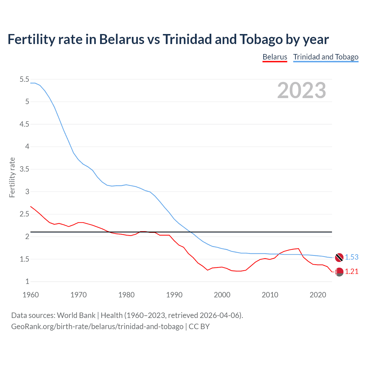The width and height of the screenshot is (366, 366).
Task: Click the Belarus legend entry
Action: coord(274,57)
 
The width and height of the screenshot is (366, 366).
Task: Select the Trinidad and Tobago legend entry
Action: coord(326,57)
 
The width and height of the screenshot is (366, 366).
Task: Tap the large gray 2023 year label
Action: coord(301,90)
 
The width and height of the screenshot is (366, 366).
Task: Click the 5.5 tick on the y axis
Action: coord(24,79)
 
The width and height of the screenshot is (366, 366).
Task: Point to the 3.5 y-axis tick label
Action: coord(24,169)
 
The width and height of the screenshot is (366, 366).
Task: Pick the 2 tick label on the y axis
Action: coord(27,236)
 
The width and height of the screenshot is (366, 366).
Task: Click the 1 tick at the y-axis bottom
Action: coord(27,281)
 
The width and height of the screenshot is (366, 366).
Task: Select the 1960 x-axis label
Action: coord(31,295)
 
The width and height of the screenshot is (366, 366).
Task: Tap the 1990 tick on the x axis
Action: coord(174,295)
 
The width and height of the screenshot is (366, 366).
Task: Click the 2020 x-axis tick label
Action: coord(318,295)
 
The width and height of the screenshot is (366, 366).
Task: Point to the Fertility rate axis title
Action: coord(12,177)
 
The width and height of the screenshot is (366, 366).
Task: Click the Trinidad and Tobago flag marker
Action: coord(339,257)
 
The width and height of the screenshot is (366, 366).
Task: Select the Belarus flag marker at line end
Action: coord(339,272)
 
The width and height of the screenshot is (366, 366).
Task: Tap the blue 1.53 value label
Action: coord(351,257)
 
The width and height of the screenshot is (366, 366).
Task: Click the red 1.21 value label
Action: coord(351,271)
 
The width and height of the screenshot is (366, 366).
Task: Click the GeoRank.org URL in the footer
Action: coord(97,326)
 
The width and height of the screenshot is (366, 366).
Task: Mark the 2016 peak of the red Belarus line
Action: coord(298,248)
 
